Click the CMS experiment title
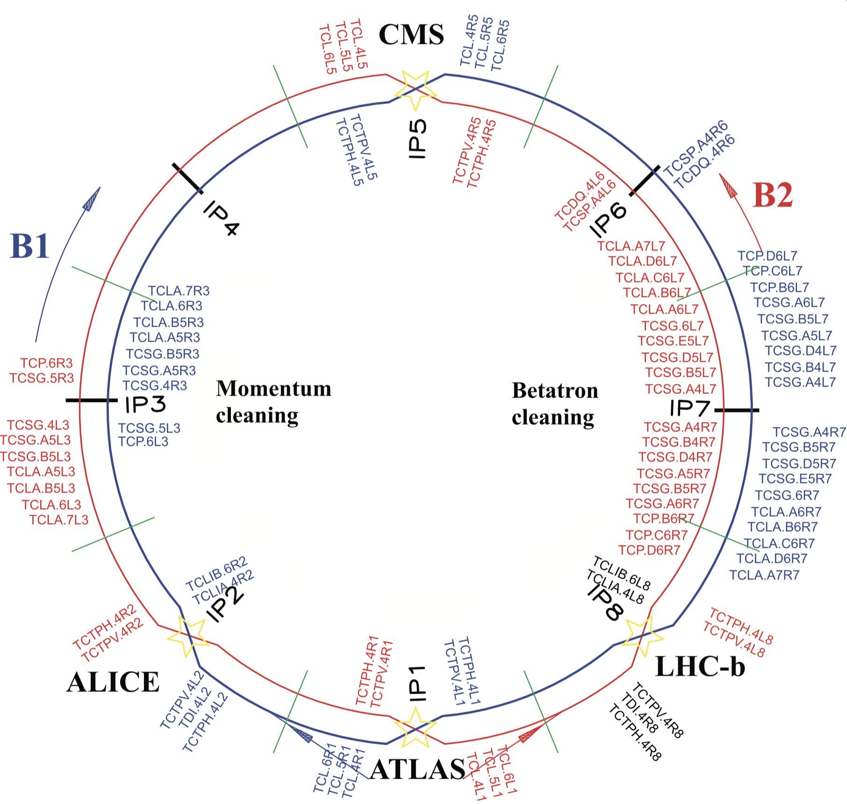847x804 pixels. pos(411,35)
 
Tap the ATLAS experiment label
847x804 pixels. pos(417,769)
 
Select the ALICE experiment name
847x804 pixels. pos(113,682)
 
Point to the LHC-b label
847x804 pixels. pos(700,667)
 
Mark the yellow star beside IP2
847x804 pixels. pos(187,636)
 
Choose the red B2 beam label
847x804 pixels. pos(773,195)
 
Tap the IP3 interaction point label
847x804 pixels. pos(145,405)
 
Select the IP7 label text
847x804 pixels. pos(690,408)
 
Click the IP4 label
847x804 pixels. pos(221,218)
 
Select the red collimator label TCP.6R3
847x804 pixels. pos(46,363)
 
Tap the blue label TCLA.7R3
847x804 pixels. pos(179,291)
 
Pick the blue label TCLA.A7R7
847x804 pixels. pos(764,575)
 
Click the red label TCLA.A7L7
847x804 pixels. pos(631,246)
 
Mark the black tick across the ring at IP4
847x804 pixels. pos(187,178)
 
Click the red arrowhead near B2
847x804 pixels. pos(728,185)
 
